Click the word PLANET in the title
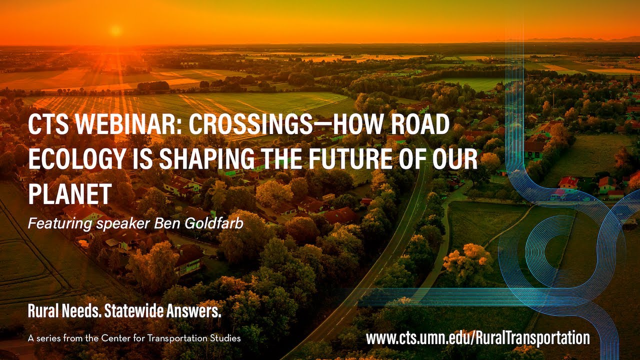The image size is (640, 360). click(x=69, y=193)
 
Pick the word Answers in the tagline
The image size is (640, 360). click(x=195, y=312)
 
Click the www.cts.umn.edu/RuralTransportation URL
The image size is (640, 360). click(x=477, y=338)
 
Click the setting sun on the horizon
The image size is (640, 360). click(x=116, y=30)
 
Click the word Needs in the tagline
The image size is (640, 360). click(x=81, y=312)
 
